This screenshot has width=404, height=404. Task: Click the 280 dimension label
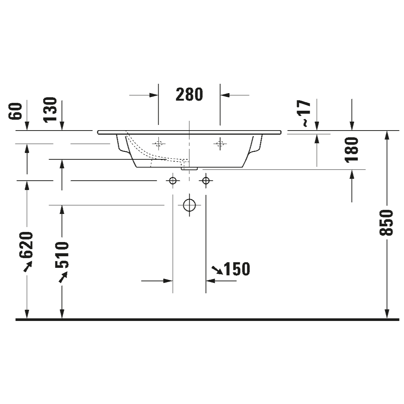click(x=189, y=95)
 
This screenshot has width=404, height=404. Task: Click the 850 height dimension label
click(x=386, y=223)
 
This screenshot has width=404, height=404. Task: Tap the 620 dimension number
click(x=26, y=245)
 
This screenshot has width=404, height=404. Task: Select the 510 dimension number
click(x=62, y=255)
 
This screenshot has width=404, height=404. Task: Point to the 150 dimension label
click(x=237, y=269)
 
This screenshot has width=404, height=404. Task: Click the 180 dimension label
click(x=352, y=150)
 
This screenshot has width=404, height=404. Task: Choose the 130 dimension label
click(x=50, y=110)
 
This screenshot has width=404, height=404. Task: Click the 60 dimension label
click(x=15, y=111)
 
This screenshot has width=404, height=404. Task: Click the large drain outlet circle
click(x=189, y=205)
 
